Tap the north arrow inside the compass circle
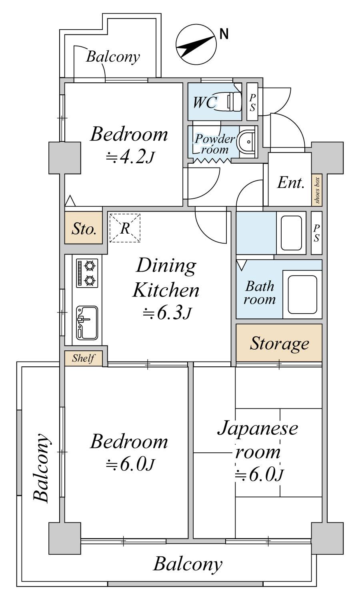coord(196,46)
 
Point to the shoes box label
coord(317,190)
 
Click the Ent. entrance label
coord(291,183)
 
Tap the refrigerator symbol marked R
coord(125,228)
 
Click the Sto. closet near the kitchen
coord(84,228)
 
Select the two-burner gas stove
coord(87,273)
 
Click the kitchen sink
coord(87,323)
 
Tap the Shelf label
coord(83,358)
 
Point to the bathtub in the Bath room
coord(302,294)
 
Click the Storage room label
coord(279,343)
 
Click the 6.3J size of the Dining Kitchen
coord(167,313)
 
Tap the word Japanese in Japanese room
coord(258,428)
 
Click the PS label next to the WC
coord(252,102)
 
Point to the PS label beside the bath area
coord(317,233)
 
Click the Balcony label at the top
coord(113,57)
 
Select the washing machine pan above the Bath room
coord(291,233)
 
